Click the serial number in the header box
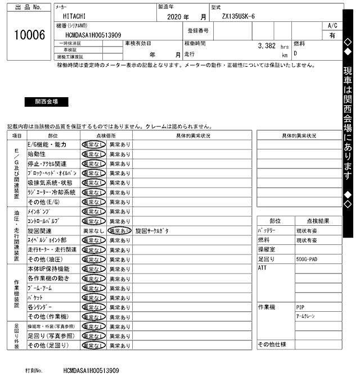[93, 35]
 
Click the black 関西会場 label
[46, 102]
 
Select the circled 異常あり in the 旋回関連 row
[119, 231]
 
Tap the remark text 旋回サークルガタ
[152, 231]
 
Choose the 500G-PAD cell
[306, 260]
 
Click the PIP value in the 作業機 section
[300, 307]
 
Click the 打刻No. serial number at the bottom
[91, 371]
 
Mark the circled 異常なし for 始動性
[93, 154]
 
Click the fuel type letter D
[295, 53]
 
